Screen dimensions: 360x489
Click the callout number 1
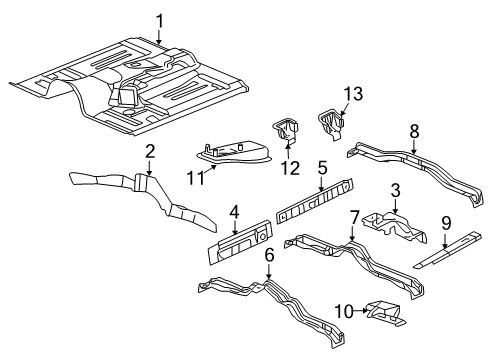tap(161, 19)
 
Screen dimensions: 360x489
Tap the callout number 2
tap(150, 152)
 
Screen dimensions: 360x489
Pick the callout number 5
tap(322, 167)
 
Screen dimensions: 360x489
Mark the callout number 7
tap(354, 218)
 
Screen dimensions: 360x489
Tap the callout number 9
tap(447, 224)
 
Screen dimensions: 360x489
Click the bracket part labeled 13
tap(332, 123)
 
